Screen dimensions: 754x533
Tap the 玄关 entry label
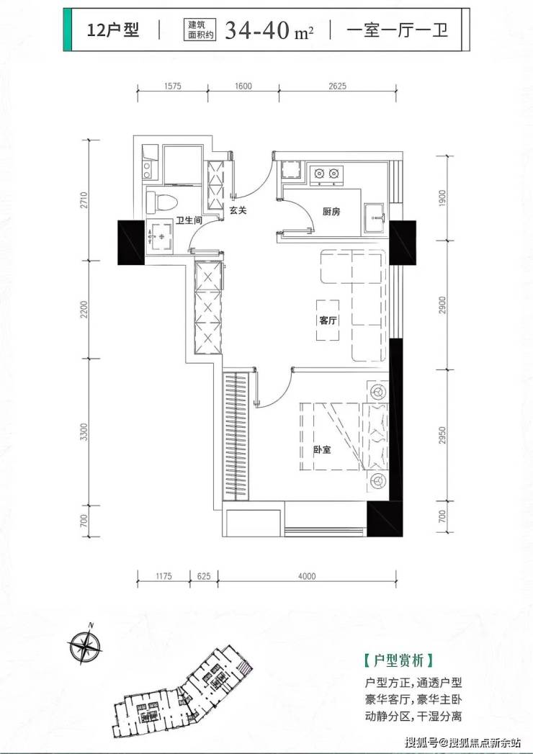(238, 211)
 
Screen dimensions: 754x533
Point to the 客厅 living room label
(328, 321)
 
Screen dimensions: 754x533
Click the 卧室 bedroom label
(321, 450)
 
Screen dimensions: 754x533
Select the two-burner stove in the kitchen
(326, 173)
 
